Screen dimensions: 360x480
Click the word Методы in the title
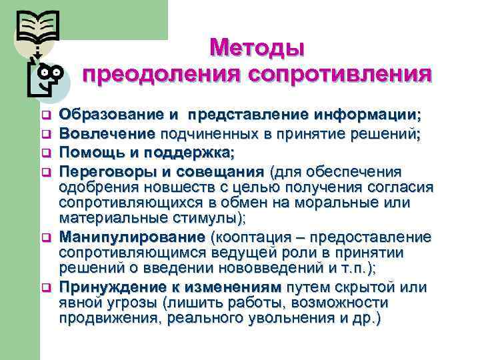(x=257, y=48)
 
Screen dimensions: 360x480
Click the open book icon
(x=39, y=28)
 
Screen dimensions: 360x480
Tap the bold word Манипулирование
(x=133, y=237)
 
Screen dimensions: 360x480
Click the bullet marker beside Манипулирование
(x=47, y=238)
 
